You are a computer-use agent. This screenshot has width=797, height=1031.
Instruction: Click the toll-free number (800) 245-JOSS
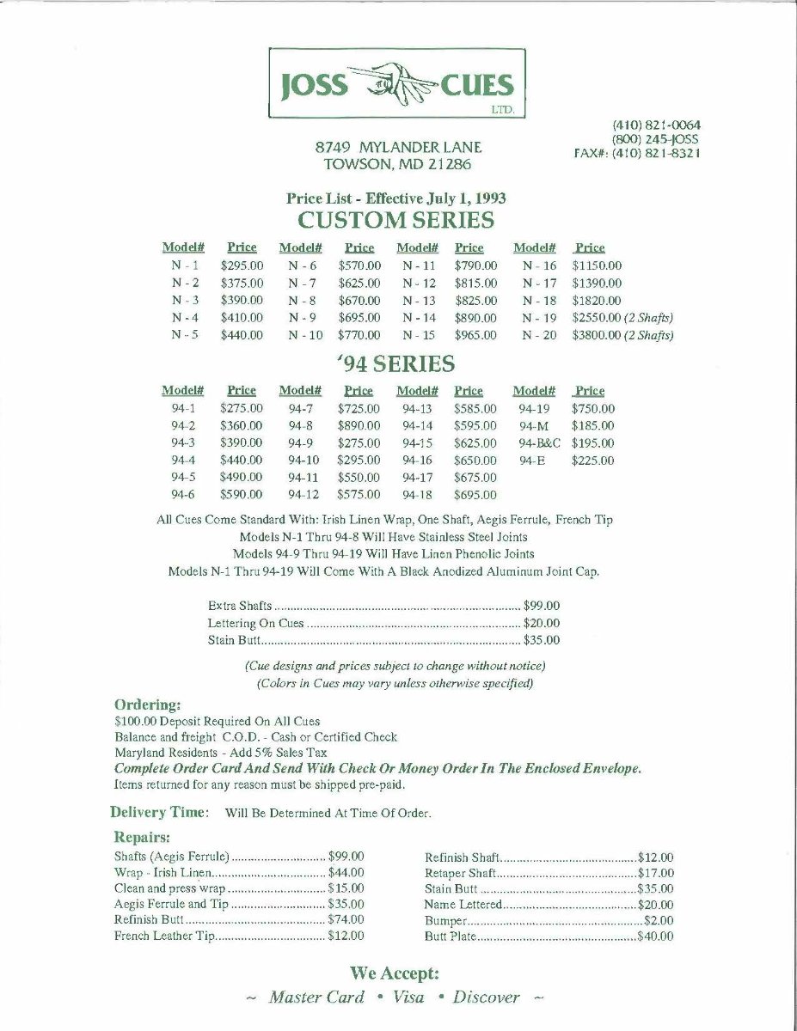coord(655,138)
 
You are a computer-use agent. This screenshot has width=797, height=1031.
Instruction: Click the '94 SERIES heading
coord(395,364)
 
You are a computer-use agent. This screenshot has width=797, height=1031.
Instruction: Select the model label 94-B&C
coord(539,443)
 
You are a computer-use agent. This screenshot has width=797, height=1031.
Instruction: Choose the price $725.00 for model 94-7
coord(359,409)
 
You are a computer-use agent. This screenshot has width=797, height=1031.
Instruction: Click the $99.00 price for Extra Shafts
coord(542,606)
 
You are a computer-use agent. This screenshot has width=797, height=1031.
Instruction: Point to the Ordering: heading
coord(148,705)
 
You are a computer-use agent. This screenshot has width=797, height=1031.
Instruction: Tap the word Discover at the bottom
coord(486,997)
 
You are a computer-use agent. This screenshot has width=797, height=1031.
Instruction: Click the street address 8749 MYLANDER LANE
coord(398,147)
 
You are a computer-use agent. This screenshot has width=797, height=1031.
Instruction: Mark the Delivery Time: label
coord(159,812)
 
